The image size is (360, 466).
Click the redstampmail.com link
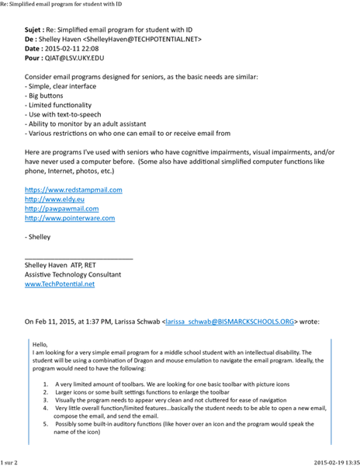pyautogui.click(x=74, y=190)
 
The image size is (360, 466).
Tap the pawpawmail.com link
pyautogui.click(x=62, y=208)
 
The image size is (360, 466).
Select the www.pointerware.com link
pyautogui.click(x=70, y=218)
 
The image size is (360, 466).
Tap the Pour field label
pyautogui.click(x=35, y=57)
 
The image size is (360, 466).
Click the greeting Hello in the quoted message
pyautogui.click(x=40, y=344)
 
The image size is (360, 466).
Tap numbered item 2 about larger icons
pyautogui.click(x=155, y=392)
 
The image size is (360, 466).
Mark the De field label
pyautogui.click(x=32, y=37)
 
